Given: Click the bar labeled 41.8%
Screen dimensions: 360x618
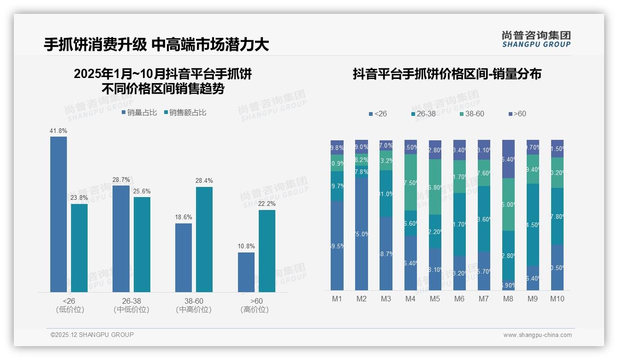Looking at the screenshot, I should [59, 214].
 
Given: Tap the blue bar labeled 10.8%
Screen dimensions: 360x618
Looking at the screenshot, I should [246, 272].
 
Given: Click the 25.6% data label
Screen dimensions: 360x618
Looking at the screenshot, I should [142, 191].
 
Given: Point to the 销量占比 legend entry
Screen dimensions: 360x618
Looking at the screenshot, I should [139, 113].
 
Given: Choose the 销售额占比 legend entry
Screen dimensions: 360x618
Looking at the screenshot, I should [185, 113].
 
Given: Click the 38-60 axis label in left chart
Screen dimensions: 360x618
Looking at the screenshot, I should [194, 301].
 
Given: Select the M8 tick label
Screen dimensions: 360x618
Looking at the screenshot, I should [508, 299].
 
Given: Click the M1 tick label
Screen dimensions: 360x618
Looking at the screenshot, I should [337, 299].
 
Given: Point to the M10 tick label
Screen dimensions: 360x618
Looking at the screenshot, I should [557, 299].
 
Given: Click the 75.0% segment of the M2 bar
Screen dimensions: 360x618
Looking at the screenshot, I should [362, 234].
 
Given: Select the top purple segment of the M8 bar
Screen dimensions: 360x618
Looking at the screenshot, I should [508, 159].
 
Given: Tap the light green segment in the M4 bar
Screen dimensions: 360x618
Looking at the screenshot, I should [410, 182].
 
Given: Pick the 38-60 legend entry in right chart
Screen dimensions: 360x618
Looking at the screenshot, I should [471, 114].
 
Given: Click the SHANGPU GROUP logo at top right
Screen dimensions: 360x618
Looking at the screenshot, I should [536, 39].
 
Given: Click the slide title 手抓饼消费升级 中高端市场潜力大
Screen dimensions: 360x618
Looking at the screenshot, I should [156, 44].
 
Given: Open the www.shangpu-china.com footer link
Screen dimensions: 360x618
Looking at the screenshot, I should [537, 335].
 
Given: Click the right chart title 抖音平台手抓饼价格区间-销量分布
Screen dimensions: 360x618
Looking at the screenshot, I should [447, 74].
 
